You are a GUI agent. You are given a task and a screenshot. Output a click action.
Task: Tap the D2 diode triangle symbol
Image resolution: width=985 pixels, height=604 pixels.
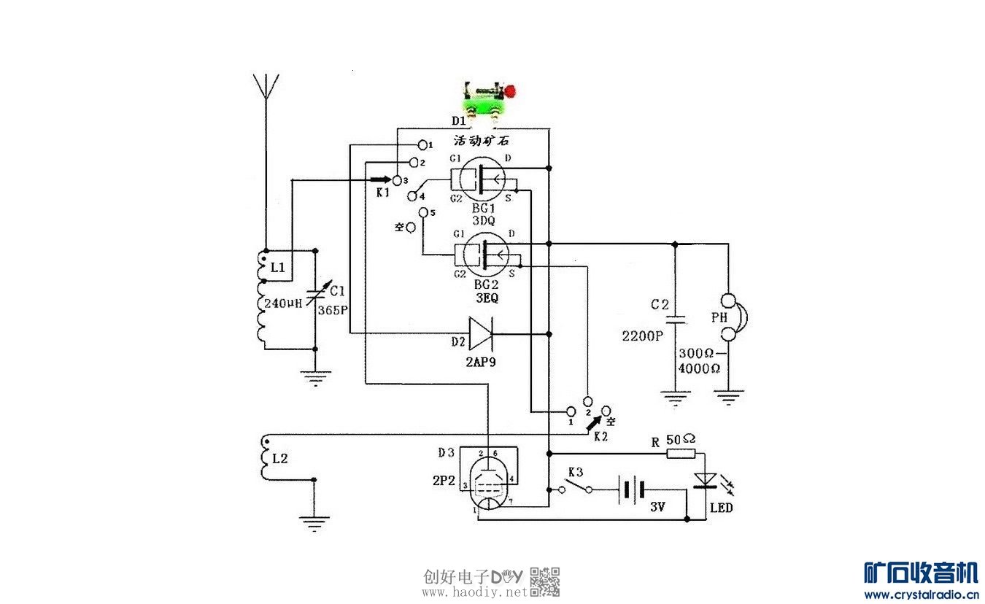[481, 333]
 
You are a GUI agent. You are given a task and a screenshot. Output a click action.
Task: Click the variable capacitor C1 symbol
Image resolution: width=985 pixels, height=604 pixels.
[316, 296]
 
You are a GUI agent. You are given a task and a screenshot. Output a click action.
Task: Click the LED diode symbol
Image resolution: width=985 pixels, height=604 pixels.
[705, 479]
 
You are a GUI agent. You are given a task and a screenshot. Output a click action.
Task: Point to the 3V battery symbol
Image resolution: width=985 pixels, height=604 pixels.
[630, 489]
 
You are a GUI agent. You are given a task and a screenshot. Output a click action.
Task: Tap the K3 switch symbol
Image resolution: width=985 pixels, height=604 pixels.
[576, 486]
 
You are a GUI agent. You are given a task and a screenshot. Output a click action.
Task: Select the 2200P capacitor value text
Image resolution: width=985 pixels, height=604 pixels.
[642, 336]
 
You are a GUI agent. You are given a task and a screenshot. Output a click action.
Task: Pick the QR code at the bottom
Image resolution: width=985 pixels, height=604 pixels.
[544, 581]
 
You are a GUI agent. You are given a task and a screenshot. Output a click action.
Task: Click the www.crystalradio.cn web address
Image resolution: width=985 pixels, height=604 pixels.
[921, 595]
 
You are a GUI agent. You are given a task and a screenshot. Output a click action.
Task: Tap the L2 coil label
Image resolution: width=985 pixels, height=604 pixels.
[279, 458]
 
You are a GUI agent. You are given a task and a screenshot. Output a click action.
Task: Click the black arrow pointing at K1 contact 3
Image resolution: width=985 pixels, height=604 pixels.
[379, 179]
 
